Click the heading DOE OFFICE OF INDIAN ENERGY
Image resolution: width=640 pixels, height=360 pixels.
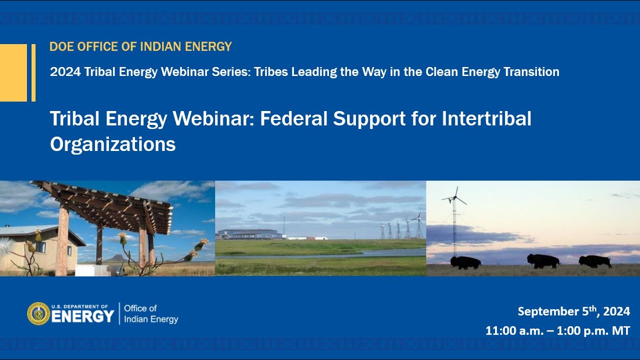140,47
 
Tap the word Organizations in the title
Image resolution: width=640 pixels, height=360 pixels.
112,144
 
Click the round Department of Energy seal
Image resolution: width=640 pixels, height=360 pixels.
38,313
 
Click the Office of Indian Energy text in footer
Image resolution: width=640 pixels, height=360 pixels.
150,314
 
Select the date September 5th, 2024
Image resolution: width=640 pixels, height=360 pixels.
573,311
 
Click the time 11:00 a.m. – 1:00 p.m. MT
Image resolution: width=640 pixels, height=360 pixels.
557,331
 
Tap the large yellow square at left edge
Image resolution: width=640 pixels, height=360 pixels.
13,72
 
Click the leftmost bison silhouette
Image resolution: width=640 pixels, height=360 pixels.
465,262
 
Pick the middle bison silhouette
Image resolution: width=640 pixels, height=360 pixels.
543,260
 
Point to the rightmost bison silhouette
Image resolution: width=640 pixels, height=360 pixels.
595,261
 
